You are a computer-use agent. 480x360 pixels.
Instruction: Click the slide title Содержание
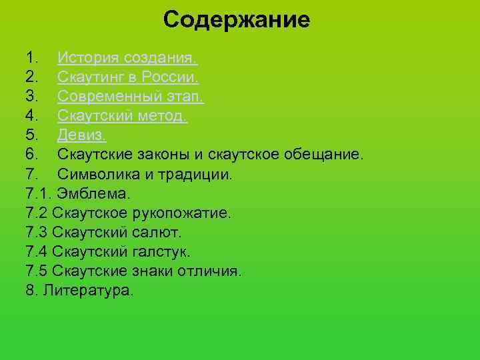tap(237, 19)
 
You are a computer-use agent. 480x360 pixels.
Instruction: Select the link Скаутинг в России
tap(127, 78)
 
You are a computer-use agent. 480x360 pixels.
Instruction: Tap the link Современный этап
tap(130, 97)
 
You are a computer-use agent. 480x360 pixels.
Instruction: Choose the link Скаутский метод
tap(122, 117)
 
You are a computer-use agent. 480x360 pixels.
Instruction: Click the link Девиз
tap(81, 136)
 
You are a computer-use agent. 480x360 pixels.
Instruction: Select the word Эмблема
tap(94, 194)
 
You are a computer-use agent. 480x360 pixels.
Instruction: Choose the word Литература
tap(88, 291)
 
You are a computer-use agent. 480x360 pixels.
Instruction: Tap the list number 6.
tap(31, 155)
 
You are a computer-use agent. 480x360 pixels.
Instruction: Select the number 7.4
tap(37, 252)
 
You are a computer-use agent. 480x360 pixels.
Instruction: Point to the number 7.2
tap(37, 213)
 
